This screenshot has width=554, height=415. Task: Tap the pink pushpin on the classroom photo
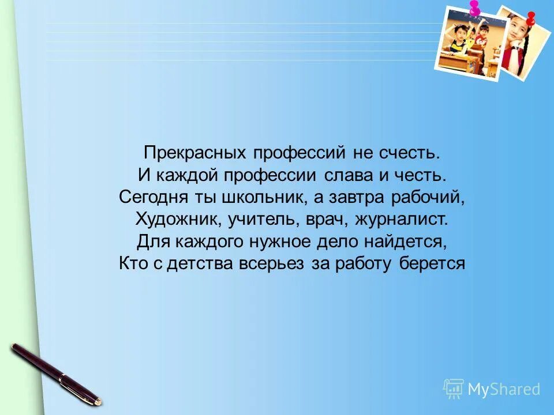coord(474,8)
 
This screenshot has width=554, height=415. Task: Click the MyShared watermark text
coord(503,389)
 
